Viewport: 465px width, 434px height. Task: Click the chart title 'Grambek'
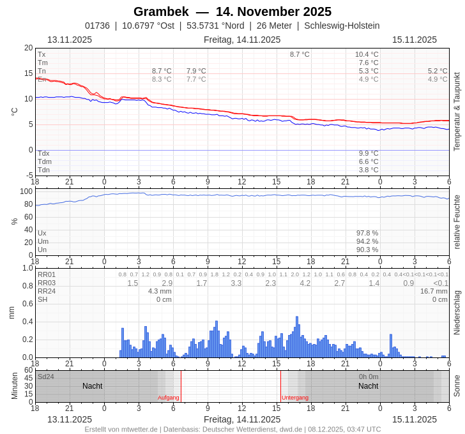161,11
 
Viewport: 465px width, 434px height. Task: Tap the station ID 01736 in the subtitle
97,26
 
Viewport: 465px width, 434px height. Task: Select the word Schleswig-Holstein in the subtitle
342,26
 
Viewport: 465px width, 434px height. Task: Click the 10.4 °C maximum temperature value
367,55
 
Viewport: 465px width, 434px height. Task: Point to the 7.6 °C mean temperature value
369,63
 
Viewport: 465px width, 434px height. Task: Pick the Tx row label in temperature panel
42,55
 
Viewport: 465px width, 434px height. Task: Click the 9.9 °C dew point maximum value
369,154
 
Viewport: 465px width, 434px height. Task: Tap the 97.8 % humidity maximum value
367,234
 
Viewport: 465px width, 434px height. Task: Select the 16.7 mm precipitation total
434,291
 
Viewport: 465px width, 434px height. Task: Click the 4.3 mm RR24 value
160,291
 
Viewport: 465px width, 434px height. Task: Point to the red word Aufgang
169,398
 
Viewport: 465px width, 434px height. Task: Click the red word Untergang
295,398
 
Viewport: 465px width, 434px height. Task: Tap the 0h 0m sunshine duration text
369,377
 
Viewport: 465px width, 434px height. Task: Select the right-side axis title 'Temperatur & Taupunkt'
457,111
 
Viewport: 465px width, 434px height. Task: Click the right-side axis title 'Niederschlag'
457,313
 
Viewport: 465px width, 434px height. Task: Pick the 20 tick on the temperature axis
28,48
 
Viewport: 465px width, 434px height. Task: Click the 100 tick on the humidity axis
26,191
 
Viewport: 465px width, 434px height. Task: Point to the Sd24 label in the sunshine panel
46,377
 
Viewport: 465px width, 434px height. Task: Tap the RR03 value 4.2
305,283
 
